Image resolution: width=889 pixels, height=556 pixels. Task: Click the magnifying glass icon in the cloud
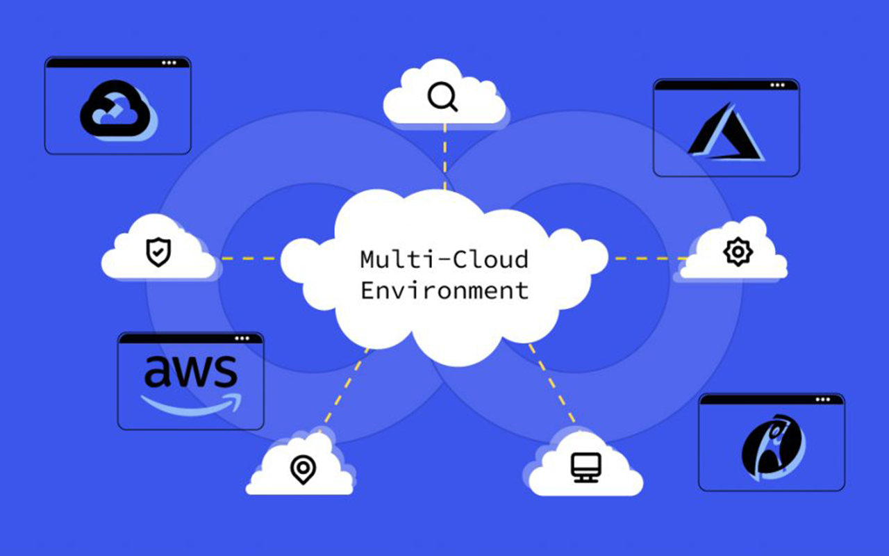tap(442, 97)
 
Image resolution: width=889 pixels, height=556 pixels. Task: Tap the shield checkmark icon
tap(158, 252)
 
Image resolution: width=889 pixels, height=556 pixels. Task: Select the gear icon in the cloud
tap(737, 251)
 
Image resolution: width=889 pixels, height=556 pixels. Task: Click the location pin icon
tap(302, 470)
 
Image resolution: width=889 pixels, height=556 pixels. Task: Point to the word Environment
tap(444, 290)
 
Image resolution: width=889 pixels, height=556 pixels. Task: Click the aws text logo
tap(190, 373)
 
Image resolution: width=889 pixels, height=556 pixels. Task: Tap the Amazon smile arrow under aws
tap(190, 404)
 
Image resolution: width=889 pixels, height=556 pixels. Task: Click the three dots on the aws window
tap(242, 338)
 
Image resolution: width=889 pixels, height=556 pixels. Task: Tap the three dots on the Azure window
tap(778, 85)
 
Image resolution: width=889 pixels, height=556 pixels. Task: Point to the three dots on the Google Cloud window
tap(169, 63)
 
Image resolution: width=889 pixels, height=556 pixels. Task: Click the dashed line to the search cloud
tap(444, 156)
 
